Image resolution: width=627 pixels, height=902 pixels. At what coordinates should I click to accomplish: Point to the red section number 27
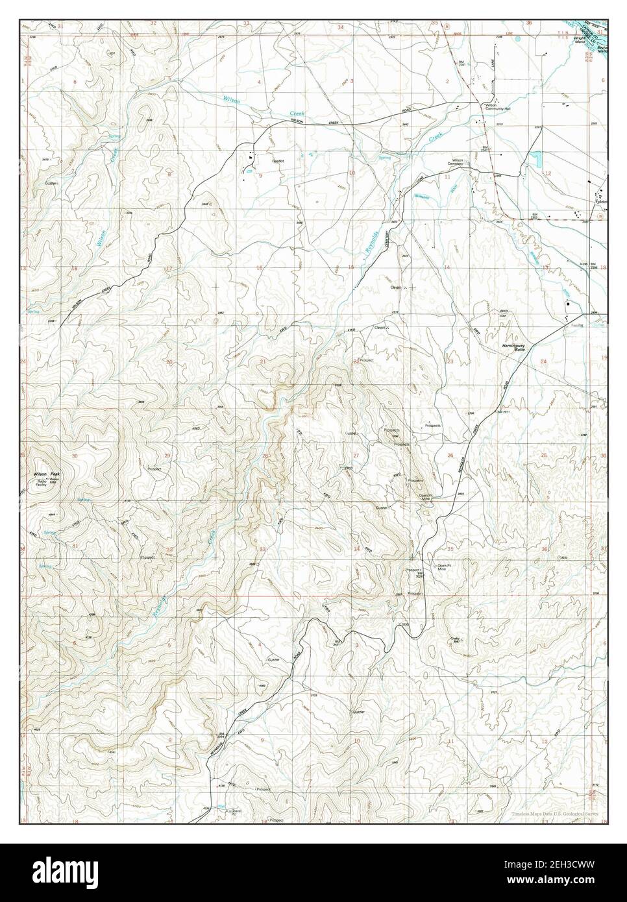coord(356,456)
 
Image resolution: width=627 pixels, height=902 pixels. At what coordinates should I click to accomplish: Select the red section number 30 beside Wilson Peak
coord(75,456)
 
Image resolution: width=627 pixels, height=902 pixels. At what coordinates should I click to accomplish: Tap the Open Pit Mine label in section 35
coord(443,567)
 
